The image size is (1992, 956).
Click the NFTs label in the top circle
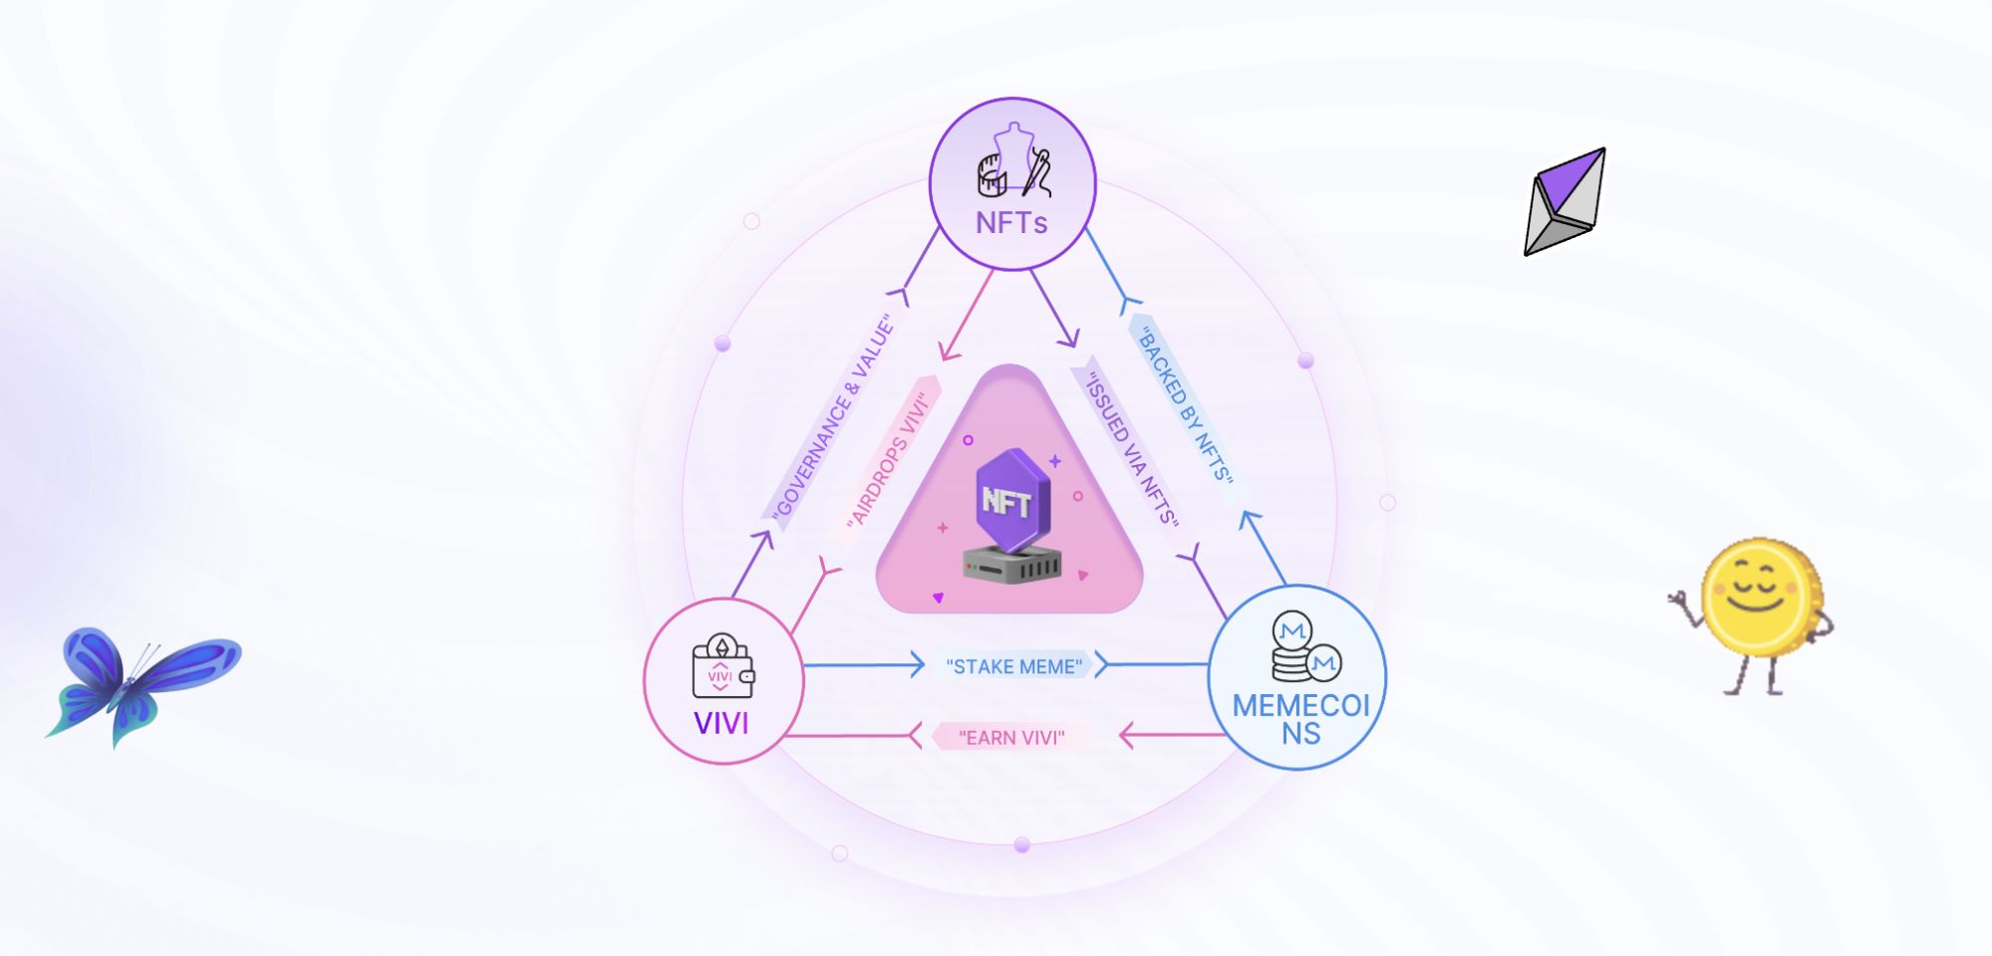pyautogui.click(x=1011, y=222)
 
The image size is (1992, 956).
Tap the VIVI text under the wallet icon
pyautogui.click(x=720, y=723)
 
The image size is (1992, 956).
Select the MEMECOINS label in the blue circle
pyautogui.click(x=1300, y=719)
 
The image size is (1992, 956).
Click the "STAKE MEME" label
pyautogui.click(x=1013, y=666)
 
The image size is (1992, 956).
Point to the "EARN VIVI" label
pyautogui.click(x=1011, y=738)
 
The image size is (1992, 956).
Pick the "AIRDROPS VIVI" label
pyautogui.click(x=887, y=460)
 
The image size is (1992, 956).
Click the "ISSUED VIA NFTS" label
pyautogui.click(x=1132, y=449)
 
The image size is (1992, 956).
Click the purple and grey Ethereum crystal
pyautogui.click(x=1564, y=201)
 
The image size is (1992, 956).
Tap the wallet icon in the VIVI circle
pyautogui.click(x=721, y=666)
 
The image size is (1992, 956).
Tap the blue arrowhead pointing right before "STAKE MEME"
pyautogui.click(x=917, y=664)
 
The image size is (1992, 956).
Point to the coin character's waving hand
pyautogui.click(x=1679, y=600)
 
